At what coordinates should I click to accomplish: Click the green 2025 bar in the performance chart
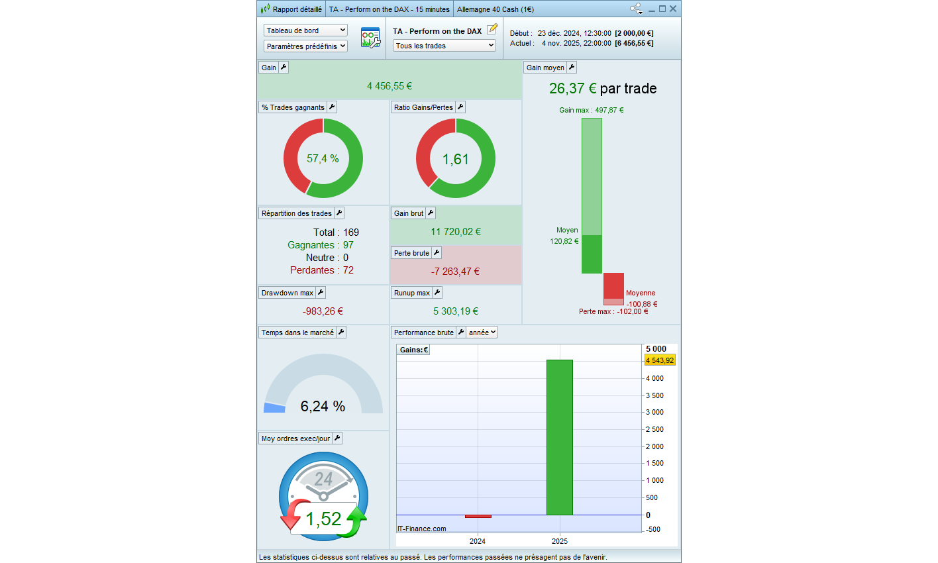click(559, 437)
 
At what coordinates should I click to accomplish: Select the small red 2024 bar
click(478, 516)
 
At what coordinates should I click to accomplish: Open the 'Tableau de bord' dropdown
click(305, 30)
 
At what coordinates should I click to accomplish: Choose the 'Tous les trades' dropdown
click(444, 46)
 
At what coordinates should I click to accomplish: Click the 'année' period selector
click(482, 333)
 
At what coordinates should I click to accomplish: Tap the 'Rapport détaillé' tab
click(291, 9)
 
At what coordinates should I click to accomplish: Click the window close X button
click(673, 9)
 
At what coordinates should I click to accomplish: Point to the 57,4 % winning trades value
click(323, 159)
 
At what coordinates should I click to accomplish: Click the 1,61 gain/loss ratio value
click(456, 160)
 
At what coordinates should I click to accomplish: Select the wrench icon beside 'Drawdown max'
click(321, 293)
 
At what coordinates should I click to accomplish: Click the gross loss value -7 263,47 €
click(455, 272)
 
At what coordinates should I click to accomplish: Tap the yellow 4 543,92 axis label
click(660, 361)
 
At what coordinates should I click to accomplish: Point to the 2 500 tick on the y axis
click(654, 429)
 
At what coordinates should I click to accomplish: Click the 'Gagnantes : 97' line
click(321, 245)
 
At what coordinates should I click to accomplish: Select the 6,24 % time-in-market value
click(323, 407)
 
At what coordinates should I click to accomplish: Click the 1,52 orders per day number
click(323, 519)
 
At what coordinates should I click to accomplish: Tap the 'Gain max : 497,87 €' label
click(591, 110)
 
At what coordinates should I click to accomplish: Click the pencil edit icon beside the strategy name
click(492, 30)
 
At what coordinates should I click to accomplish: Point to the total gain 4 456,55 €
click(390, 86)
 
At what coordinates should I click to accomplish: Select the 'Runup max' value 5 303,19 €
click(456, 311)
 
